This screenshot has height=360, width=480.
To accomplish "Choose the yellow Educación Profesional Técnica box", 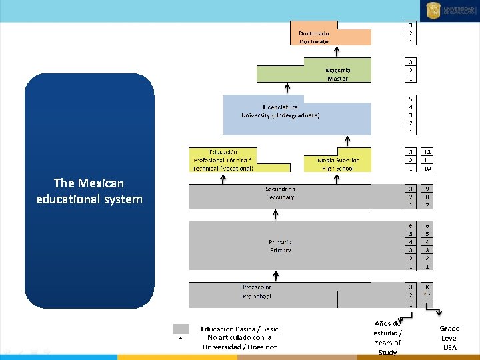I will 223,161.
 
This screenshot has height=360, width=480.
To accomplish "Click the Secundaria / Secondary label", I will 280,193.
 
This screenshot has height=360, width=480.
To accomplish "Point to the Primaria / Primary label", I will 280,246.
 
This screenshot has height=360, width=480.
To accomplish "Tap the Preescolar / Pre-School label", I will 257,291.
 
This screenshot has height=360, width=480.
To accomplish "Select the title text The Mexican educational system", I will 89,191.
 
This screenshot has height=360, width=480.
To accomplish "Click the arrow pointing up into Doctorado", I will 337,51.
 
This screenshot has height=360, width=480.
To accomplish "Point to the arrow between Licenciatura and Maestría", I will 287,88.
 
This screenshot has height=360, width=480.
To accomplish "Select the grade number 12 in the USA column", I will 427,151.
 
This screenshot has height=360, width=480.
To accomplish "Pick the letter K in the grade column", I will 427,287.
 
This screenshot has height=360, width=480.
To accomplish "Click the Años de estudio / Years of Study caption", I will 387,338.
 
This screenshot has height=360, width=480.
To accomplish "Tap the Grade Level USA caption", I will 449,338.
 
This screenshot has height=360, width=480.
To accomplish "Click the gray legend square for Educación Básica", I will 181,329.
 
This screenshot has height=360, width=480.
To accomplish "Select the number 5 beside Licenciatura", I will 411,99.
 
